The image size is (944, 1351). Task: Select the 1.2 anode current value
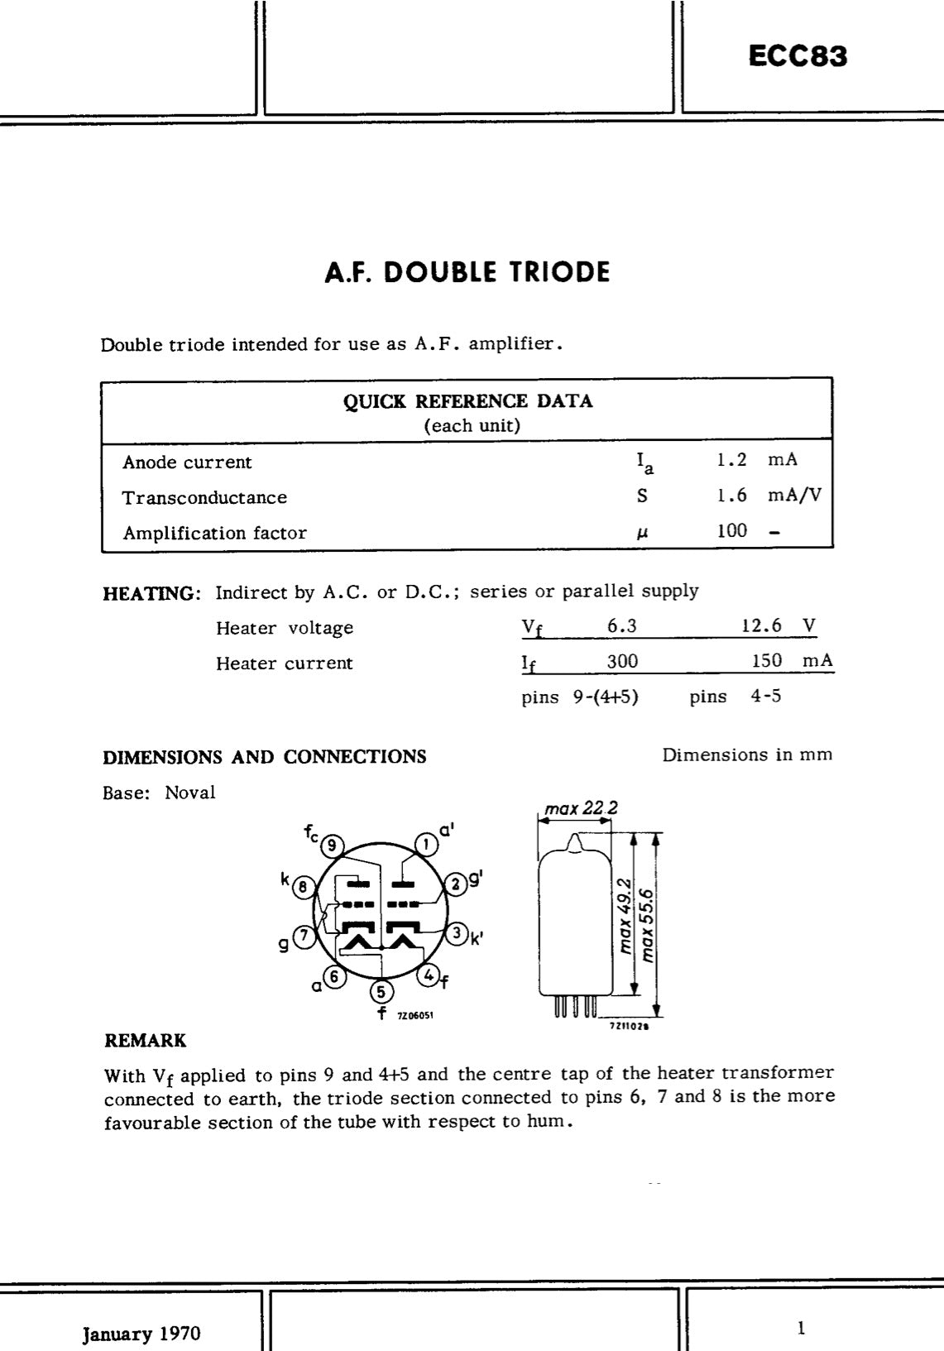tap(732, 460)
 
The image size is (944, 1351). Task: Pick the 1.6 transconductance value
tap(732, 496)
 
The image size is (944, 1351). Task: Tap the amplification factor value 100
tap(732, 531)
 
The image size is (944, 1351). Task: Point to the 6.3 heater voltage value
tap(622, 625)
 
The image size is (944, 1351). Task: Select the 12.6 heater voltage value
tap(761, 625)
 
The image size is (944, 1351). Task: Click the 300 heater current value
tap(622, 661)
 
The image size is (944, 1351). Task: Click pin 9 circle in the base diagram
tap(332, 845)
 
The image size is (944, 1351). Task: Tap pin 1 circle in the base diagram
tap(426, 845)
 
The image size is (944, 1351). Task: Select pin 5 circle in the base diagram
tap(381, 991)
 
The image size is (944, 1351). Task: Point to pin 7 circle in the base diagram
tap(304, 936)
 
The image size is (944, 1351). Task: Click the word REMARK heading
tap(145, 1040)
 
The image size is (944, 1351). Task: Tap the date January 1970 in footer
tap(141, 1334)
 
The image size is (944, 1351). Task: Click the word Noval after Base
tap(189, 793)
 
